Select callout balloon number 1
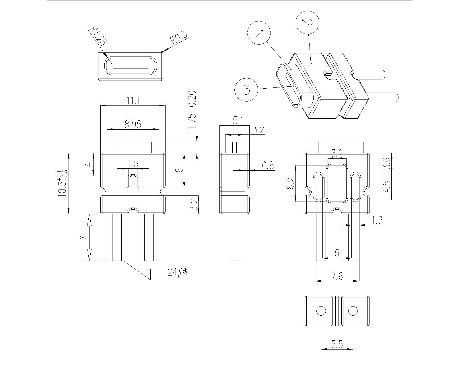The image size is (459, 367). tap(259, 33)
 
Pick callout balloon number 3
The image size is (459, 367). tap(246, 90)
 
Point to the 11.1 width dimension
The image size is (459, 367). tap(133, 101)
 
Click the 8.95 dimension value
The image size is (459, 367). tap(133, 125)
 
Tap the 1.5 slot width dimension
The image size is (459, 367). tap(133, 164)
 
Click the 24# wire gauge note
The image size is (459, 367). tap(178, 272)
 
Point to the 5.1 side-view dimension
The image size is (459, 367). tap(238, 121)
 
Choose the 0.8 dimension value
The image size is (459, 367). tap(268, 165)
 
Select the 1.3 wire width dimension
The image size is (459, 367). tap(377, 220)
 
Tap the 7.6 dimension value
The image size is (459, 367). tap(337, 276)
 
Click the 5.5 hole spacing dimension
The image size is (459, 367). tap(337, 344)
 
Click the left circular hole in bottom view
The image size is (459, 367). tap(321, 311)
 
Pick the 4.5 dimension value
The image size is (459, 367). tap(387, 186)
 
